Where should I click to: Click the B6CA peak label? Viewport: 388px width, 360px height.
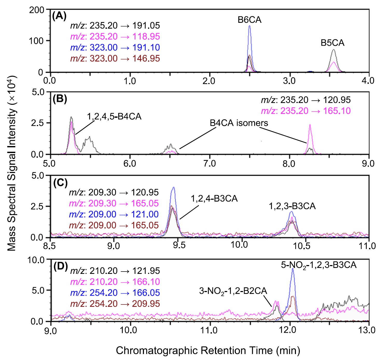click(x=250, y=20)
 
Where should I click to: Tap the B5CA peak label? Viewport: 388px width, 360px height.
click(x=332, y=43)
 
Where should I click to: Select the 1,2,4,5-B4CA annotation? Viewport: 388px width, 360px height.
click(x=114, y=116)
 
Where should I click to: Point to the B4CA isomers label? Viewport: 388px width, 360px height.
click(x=239, y=123)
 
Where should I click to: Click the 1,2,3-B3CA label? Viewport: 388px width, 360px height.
click(x=292, y=206)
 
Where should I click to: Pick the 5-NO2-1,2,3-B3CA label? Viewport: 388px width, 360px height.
click(x=319, y=265)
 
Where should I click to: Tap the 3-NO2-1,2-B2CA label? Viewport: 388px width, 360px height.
click(x=233, y=291)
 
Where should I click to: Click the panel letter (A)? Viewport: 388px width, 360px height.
click(x=59, y=16)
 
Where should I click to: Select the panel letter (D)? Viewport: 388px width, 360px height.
click(x=60, y=266)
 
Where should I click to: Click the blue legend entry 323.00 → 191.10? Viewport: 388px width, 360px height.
click(x=115, y=47)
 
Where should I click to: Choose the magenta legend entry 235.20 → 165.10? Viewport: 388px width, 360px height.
click(x=306, y=111)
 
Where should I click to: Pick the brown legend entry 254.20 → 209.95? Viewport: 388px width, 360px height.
click(x=115, y=304)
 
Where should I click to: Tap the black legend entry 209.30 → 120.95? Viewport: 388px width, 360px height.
click(x=114, y=192)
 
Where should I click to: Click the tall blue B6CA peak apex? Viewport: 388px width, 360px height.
click(x=250, y=26)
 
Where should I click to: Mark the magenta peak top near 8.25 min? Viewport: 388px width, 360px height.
click(x=310, y=125)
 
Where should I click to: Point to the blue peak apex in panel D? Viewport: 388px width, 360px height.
click(x=293, y=269)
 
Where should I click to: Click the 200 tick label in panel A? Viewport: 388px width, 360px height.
click(x=37, y=10)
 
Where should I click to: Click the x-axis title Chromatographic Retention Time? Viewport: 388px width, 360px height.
click(x=208, y=350)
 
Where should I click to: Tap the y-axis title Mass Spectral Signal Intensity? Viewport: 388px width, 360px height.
click(x=11, y=163)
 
